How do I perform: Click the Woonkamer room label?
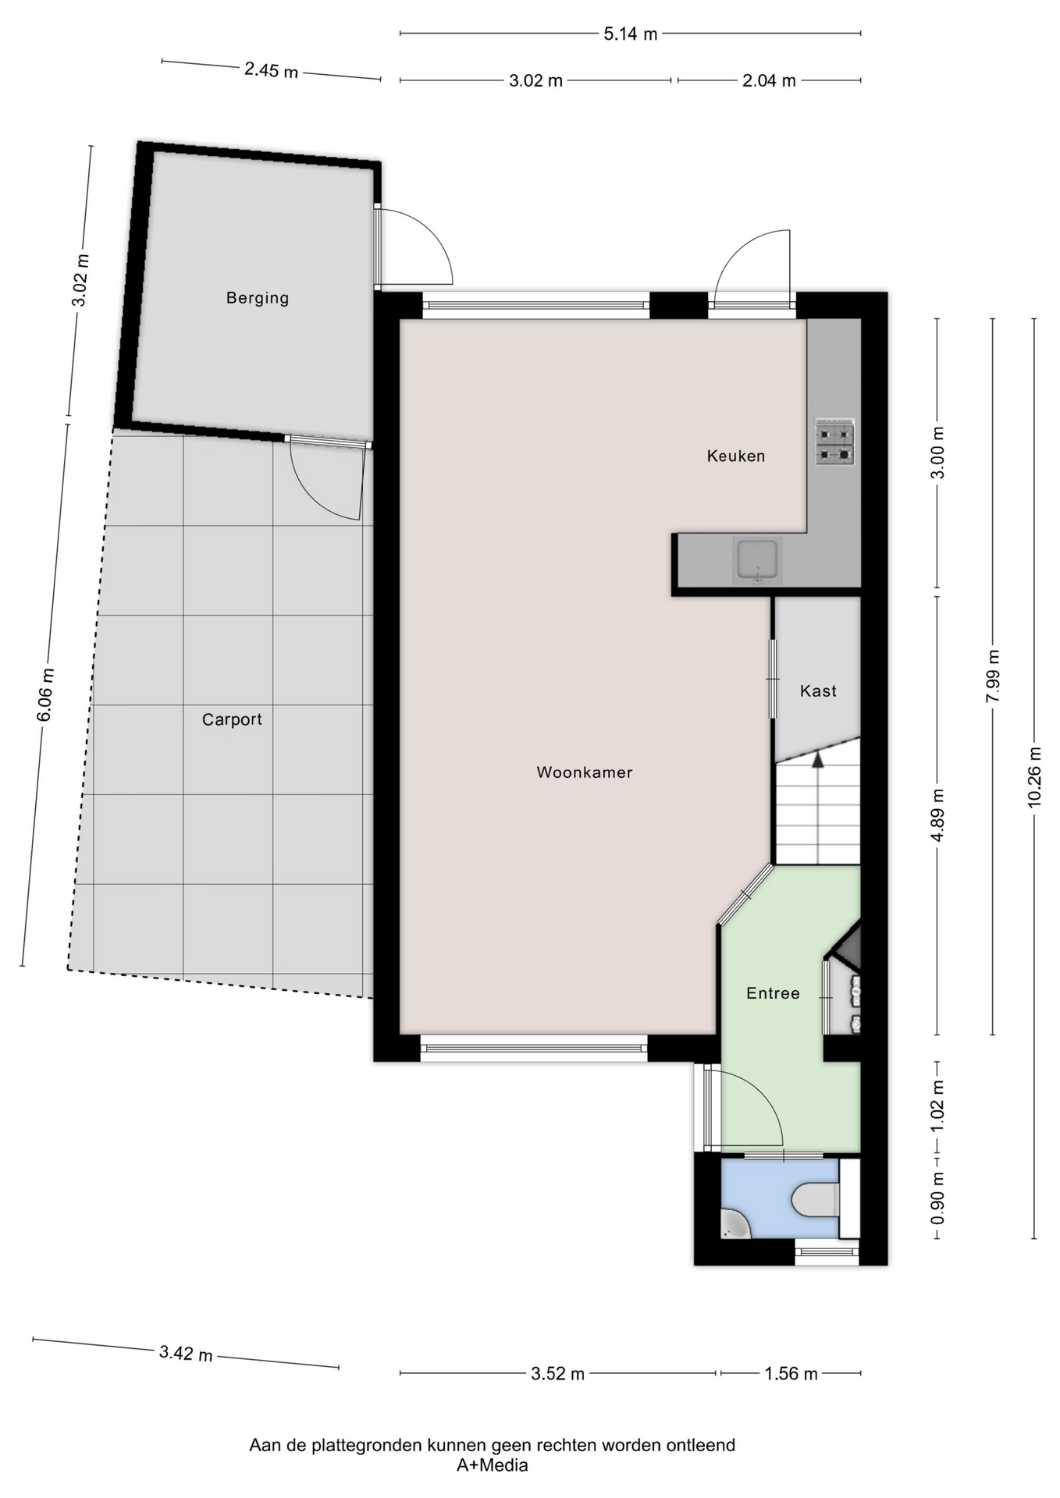click(584, 772)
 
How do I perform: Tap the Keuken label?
click(735, 456)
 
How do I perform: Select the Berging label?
click(258, 298)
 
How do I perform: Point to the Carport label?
click(232, 719)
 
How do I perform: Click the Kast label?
click(818, 690)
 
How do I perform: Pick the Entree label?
click(773, 993)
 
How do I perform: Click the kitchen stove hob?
click(835, 442)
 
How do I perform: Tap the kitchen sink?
click(757, 559)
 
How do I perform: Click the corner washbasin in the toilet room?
click(734, 1224)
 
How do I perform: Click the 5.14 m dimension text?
click(630, 34)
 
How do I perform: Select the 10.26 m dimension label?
click(1034, 776)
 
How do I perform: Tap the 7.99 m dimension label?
click(993, 676)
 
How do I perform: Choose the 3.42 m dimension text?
click(186, 1354)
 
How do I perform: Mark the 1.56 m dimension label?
click(791, 1374)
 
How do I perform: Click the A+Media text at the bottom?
click(493, 1465)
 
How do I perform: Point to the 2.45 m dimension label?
click(271, 70)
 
